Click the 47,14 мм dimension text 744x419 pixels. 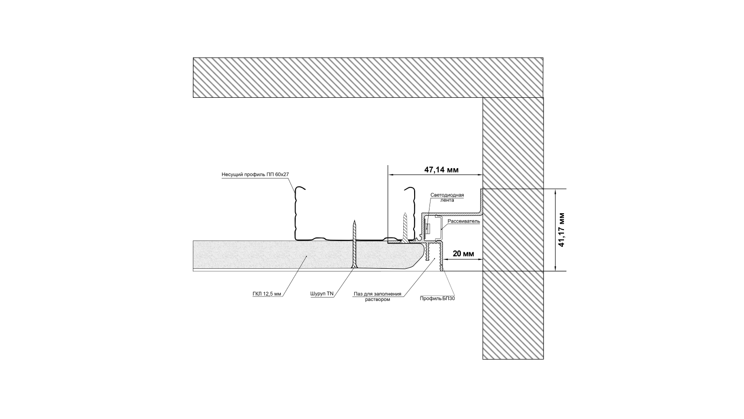441,170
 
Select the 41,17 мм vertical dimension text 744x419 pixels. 561,230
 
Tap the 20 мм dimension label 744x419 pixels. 463,254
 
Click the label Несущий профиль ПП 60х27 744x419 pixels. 255,175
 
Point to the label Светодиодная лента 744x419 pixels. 447,197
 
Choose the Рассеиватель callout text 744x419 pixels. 464,221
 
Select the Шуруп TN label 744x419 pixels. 322,294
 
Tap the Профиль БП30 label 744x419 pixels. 437,299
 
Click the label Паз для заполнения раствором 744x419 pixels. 377,297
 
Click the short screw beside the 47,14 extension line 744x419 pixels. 405,228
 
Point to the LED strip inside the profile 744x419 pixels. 428,228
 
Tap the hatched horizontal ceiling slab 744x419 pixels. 368,77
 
